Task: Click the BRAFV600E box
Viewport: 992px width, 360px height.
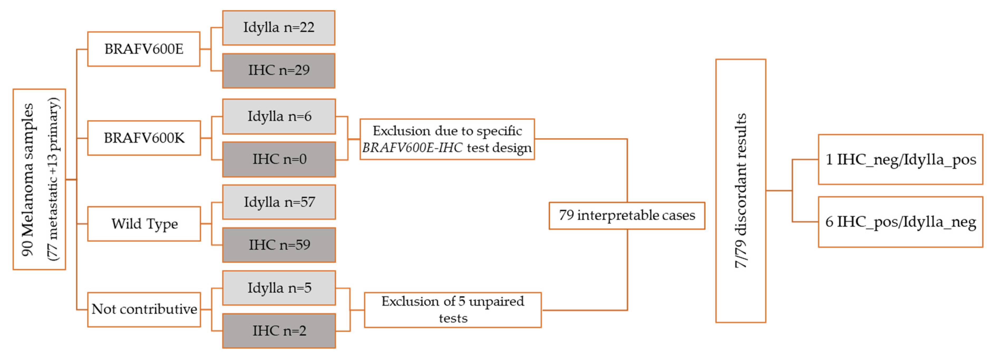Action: point(144,49)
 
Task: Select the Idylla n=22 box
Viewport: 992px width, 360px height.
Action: point(278,28)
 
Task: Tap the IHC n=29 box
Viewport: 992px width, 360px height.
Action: point(278,70)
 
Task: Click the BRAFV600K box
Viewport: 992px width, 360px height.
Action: point(144,138)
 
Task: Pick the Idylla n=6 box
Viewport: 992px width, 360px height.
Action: point(279,116)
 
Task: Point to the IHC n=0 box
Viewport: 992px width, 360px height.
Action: point(279,159)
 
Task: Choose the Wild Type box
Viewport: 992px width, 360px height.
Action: point(144,224)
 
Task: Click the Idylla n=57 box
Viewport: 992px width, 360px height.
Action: point(279,202)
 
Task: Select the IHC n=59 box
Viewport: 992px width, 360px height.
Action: point(279,245)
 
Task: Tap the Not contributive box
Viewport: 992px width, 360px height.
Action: point(144,309)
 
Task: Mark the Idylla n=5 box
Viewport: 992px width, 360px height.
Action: point(279,288)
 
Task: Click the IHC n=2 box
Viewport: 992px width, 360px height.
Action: point(279,331)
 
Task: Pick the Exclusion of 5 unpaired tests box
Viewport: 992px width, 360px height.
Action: point(453,310)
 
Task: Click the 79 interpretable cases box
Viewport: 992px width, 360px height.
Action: point(626,215)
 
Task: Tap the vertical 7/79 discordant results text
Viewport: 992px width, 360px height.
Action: point(740,191)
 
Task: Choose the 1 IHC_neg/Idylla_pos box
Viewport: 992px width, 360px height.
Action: point(900,159)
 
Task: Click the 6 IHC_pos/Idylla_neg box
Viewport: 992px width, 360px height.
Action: point(900,222)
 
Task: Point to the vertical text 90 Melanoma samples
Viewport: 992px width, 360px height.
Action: point(28,179)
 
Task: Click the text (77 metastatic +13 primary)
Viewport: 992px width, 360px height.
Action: point(53,179)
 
